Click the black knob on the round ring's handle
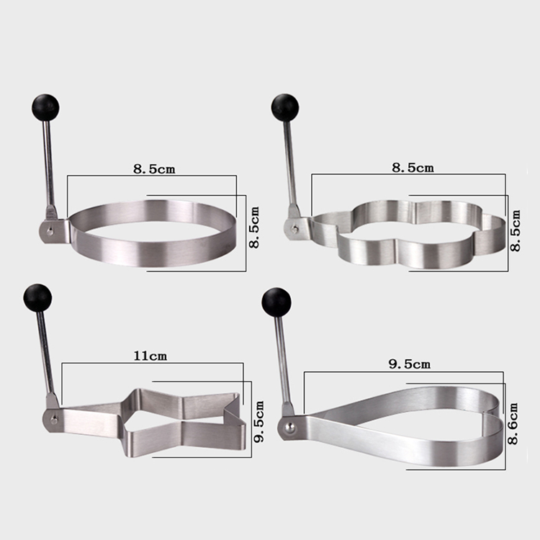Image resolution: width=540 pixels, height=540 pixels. pos(45,107)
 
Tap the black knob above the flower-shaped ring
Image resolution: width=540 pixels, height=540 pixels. pos(285,107)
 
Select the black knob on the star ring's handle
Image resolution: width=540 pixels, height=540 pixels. pos(38,298)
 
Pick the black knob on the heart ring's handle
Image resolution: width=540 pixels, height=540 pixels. pos(276,302)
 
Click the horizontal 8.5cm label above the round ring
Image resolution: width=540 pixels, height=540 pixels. pos(154,169)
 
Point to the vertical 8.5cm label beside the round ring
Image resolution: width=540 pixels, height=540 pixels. pos(254,228)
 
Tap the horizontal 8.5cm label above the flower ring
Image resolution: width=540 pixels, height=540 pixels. pos(413,168)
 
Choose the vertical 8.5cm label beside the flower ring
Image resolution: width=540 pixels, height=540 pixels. pos(516,230)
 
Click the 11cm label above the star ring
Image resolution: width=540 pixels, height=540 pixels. pos(150,356)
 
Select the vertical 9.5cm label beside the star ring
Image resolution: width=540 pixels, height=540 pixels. pos(258,421)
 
